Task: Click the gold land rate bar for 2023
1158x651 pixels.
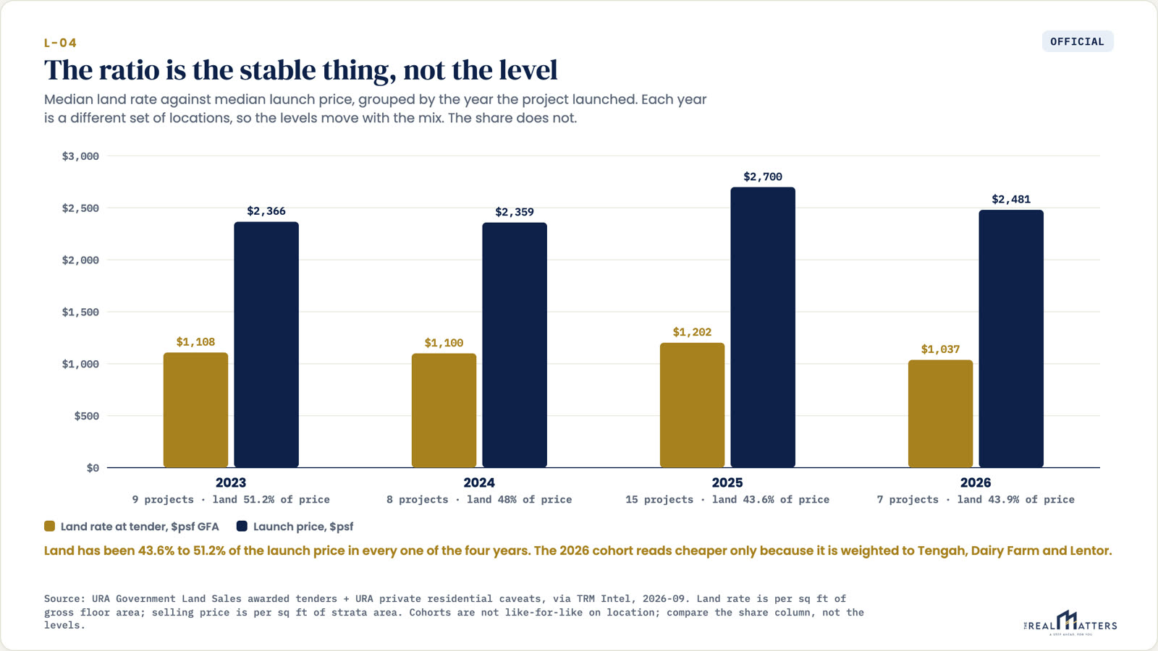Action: pos(195,410)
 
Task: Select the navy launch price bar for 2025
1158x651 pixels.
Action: pos(763,328)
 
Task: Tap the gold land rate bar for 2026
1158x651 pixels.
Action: pos(940,414)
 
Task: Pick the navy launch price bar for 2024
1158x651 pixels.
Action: pos(515,345)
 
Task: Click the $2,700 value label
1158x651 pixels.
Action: pos(763,176)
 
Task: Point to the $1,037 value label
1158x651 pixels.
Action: pos(940,349)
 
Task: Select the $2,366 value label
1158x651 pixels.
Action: pos(266,210)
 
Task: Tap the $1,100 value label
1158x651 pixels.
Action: pos(444,343)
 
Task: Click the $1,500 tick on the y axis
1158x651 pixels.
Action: pos(80,312)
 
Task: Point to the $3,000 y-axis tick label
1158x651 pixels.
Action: pos(80,156)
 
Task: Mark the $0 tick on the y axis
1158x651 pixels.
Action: pos(93,468)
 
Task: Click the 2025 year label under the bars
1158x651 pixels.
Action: pos(727,482)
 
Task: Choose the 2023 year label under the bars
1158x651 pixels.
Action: pos(231,482)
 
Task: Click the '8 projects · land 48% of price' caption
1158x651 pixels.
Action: pos(479,500)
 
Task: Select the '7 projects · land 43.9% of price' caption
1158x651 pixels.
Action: pos(976,500)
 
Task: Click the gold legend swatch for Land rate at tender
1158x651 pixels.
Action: pos(50,526)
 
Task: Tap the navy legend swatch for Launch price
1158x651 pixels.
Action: pos(242,526)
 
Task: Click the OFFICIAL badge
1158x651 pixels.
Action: pos(1078,41)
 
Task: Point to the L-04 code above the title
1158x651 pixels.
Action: pos(61,43)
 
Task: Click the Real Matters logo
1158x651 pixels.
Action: pos(1070,623)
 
